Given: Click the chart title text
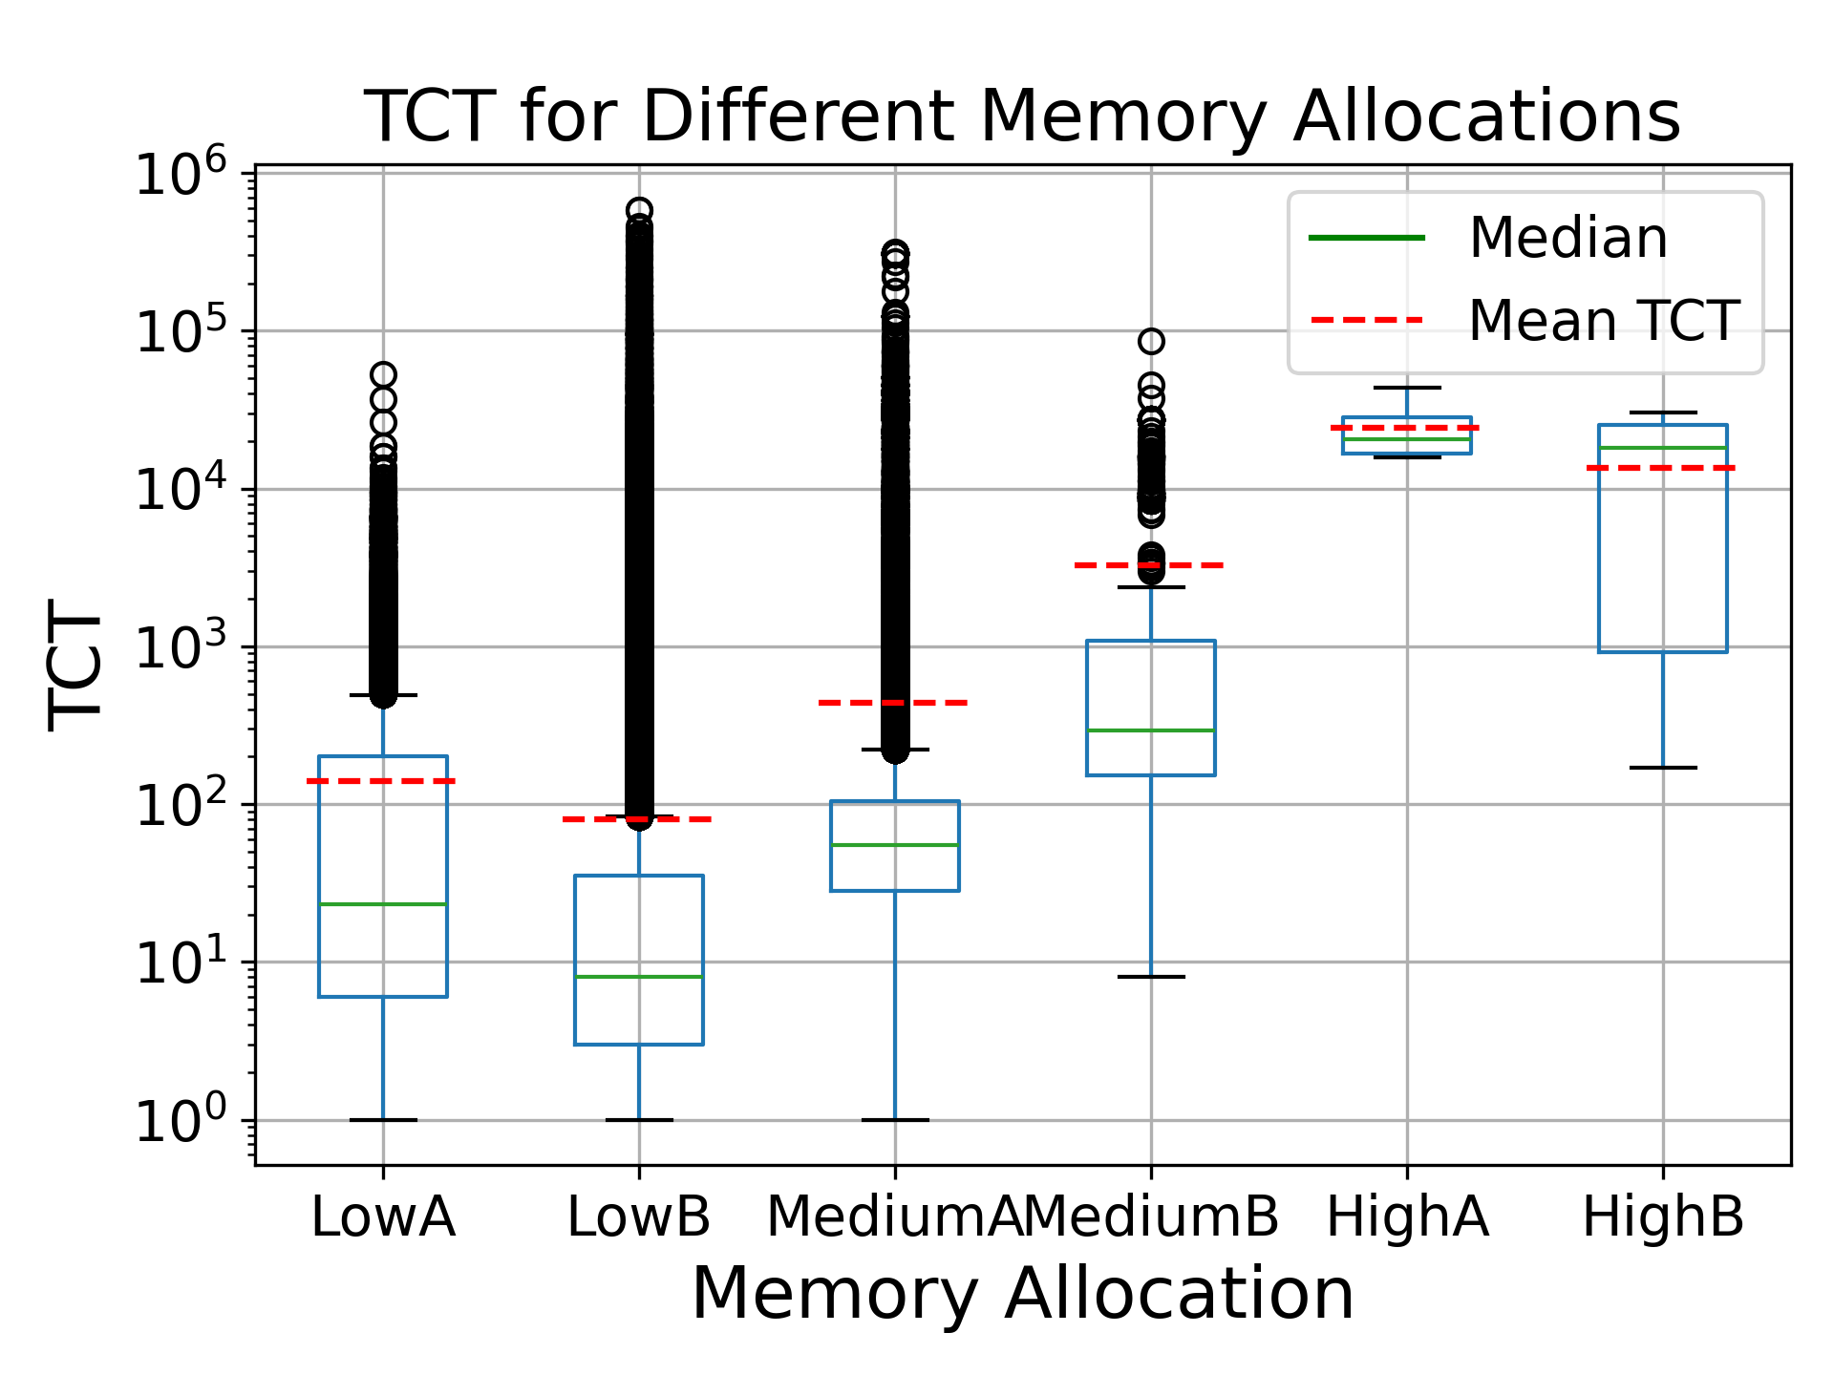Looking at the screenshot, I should (1021, 116).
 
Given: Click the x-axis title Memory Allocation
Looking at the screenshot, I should (1022, 1294).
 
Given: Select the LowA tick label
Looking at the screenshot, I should (383, 1217).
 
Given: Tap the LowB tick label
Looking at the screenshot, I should (639, 1217).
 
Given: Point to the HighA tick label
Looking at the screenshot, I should (1407, 1217).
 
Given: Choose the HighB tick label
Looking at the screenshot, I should (1663, 1217).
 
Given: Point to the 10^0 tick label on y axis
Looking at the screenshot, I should (181, 1120).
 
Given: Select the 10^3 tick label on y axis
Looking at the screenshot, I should (181, 648).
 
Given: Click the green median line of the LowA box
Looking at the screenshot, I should (383, 903).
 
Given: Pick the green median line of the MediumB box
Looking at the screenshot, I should (1151, 730).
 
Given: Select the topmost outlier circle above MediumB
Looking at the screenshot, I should (1151, 341).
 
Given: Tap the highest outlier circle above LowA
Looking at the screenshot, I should (383, 374).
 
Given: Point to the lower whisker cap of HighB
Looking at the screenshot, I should (1663, 768).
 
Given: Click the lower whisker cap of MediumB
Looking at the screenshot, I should (1151, 977).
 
